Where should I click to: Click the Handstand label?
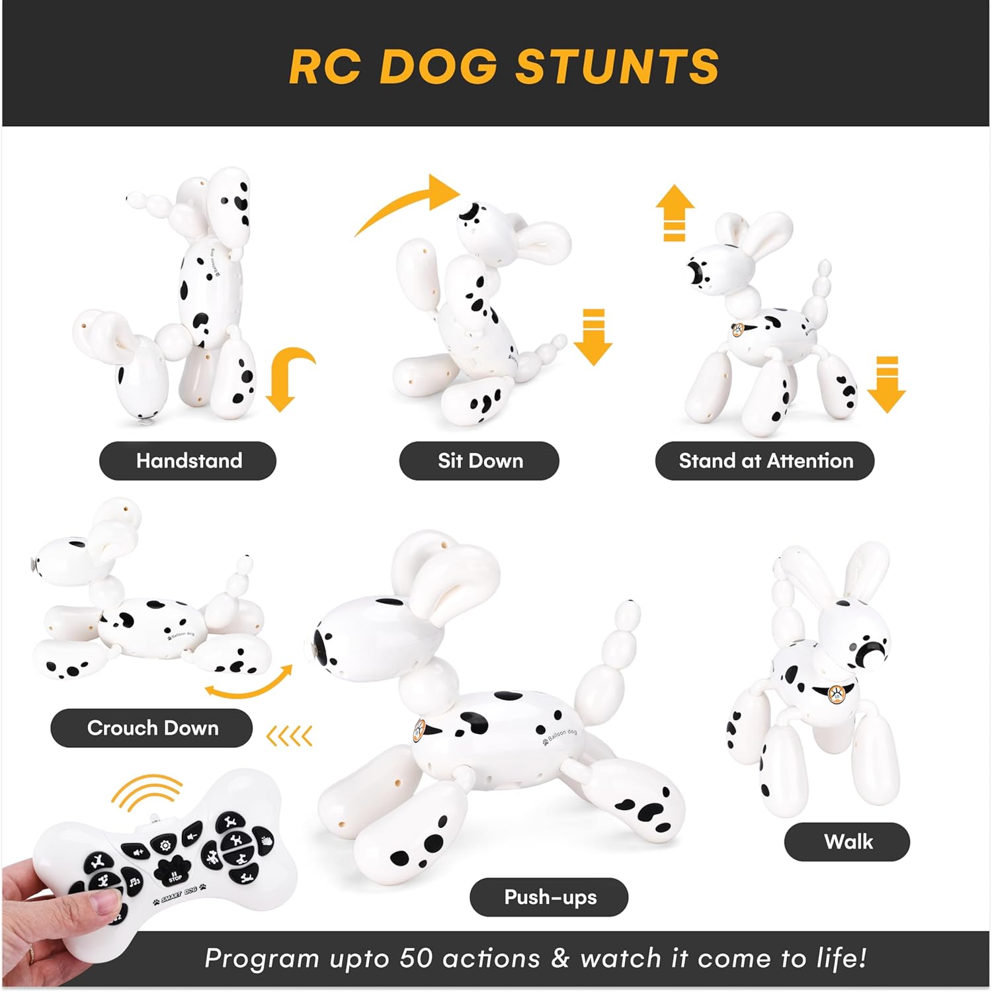click(188, 461)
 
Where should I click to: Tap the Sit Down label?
click(479, 461)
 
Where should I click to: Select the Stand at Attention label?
click(765, 461)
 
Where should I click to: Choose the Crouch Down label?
click(152, 728)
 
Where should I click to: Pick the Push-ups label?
click(550, 897)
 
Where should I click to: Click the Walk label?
click(847, 842)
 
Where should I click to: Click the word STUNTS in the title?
click(617, 67)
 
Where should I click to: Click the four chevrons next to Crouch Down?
click(289, 735)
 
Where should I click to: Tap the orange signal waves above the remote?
click(147, 792)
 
